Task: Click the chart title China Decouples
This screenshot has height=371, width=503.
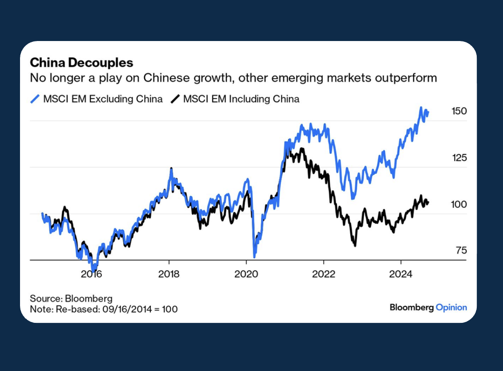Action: click(x=81, y=62)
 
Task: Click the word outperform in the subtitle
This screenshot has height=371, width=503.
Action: click(x=400, y=78)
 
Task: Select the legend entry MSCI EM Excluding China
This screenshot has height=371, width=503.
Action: click(x=103, y=99)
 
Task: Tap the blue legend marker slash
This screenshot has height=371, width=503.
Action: click(x=35, y=99)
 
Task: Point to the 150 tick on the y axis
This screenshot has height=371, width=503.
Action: click(x=458, y=111)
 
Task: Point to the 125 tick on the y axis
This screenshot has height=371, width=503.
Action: click(x=458, y=158)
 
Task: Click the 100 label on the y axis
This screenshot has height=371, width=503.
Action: click(x=458, y=204)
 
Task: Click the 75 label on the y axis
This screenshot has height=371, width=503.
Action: click(x=461, y=251)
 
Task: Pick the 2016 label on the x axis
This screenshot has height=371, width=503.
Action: click(x=91, y=274)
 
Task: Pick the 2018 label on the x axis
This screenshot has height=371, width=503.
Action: click(x=169, y=274)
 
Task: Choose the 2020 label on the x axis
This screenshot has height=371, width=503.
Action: click(x=246, y=274)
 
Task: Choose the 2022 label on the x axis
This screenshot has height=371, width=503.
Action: click(x=324, y=274)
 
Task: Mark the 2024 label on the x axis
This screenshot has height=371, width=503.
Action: click(x=401, y=274)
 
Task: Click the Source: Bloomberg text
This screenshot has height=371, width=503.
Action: click(x=71, y=298)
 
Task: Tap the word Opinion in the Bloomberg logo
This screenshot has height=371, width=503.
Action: click(x=451, y=307)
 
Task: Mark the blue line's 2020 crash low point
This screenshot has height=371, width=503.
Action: click(x=254, y=257)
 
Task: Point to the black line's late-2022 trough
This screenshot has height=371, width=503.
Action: click(x=355, y=245)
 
